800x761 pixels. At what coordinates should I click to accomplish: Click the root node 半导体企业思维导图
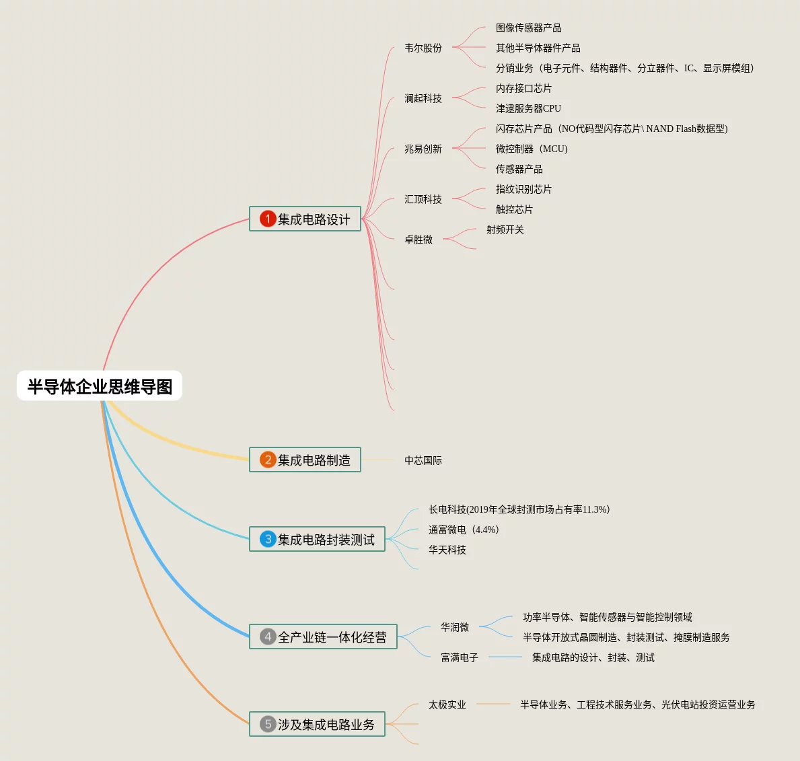pyautogui.click(x=100, y=386)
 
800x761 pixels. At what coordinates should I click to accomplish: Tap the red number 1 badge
pyautogui.click(x=268, y=219)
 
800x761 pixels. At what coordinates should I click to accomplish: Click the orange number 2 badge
pyautogui.click(x=268, y=460)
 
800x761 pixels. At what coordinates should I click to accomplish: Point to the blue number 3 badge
pyautogui.click(x=268, y=539)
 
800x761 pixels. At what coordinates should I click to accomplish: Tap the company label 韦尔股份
pyautogui.click(x=423, y=48)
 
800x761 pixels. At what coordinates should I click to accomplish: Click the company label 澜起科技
pyautogui.click(x=423, y=99)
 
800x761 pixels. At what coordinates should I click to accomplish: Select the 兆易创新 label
pyautogui.click(x=423, y=149)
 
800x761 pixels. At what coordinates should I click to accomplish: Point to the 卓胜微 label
pyautogui.click(x=419, y=240)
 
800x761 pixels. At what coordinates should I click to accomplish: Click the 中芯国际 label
pyautogui.click(x=423, y=461)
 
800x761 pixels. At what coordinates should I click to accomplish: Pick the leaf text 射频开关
pyautogui.click(x=505, y=230)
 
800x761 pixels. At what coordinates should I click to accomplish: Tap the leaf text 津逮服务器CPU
pyautogui.click(x=528, y=109)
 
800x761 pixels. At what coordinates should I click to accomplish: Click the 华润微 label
pyautogui.click(x=455, y=628)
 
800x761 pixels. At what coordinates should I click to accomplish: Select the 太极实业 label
pyautogui.click(x=447, y=705)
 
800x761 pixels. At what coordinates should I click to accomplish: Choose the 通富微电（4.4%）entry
pyautogui.click(x=464, y=530)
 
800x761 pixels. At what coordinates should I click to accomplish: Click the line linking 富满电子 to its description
pyautogui.click(x=505, y=657)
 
